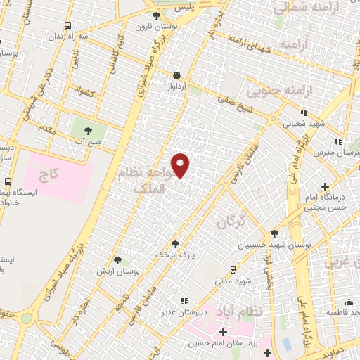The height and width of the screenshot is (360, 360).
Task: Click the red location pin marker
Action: [181, 165]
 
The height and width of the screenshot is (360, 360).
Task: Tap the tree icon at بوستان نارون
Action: [155, 14]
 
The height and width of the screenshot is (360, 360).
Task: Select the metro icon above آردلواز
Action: [176, 75]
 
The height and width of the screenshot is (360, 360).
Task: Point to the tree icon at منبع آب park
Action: [89, 130]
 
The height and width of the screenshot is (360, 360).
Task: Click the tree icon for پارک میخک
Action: [175, 244]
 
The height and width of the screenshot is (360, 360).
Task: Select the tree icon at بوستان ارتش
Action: [117, 260]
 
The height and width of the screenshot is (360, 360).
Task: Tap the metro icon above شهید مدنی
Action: [233, 269]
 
